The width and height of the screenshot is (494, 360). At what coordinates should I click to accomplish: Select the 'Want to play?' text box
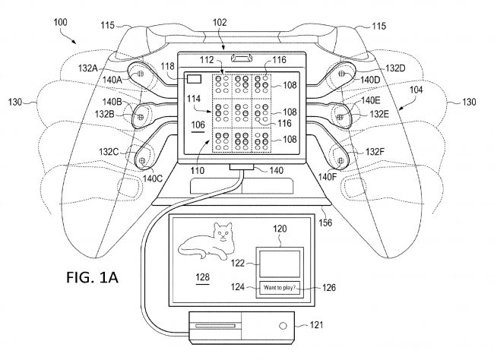point(280,288)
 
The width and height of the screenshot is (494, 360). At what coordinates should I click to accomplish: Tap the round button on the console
point(283,327)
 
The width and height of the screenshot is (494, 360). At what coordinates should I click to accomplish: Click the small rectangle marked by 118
point(195,78)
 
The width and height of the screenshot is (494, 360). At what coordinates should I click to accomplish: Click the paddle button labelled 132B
point(139,116)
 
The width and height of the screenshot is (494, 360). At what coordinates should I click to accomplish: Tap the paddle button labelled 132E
point(340,116)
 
